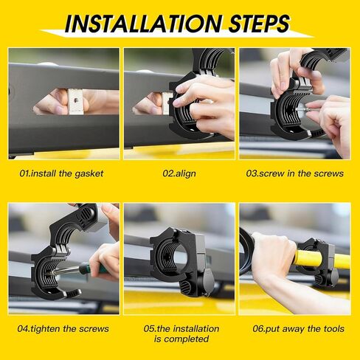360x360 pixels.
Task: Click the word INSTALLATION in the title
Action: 143,24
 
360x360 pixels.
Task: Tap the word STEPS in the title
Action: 259,24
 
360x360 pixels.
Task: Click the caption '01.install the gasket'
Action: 61,173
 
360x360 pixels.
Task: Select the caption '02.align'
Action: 179,173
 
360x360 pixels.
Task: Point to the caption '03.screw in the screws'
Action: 294,173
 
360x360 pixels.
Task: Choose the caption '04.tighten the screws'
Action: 63,329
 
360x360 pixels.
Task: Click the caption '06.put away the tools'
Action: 298,329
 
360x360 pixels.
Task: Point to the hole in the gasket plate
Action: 77,100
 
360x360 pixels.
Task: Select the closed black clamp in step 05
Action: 183,261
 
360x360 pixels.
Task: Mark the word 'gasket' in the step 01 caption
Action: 89,174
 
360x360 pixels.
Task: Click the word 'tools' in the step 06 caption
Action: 333,329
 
